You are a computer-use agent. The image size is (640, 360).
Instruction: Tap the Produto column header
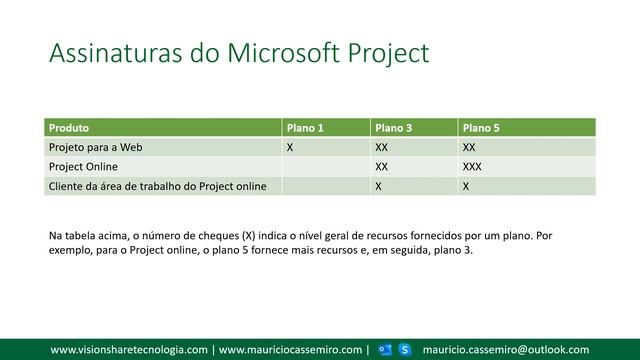coord(69,128)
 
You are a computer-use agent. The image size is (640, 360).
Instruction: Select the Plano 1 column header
coord(305,128)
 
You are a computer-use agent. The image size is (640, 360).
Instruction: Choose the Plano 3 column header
coord(393,128)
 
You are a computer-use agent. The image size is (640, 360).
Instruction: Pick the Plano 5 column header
coord(481,128)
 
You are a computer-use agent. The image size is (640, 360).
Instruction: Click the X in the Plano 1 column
coord(290,147)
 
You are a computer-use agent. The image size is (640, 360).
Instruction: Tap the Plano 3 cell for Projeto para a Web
coord(381,147)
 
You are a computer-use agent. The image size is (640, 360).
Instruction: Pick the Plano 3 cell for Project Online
coord(381,166)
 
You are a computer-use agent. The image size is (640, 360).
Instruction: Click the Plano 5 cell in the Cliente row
coord(466,185)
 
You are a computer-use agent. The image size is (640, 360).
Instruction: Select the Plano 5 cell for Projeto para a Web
coord(469,147)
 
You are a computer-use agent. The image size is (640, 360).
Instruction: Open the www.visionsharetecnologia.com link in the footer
coord(129,349)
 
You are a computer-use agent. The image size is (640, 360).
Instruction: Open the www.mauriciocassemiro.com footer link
coord(290,349)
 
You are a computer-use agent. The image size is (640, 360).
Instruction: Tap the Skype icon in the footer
coord(405,349)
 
